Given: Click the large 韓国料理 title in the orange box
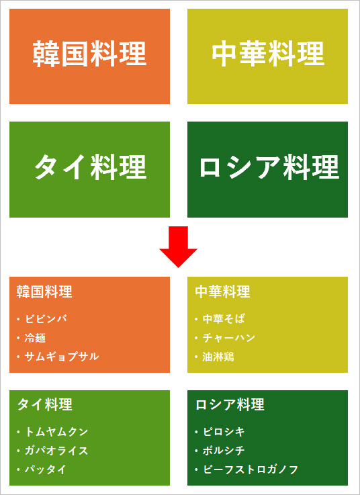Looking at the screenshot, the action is (90, 54).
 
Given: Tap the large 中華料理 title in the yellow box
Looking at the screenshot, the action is (268, 54).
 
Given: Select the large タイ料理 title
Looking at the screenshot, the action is (90, 167).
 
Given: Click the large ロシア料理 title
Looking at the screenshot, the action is (269, 167).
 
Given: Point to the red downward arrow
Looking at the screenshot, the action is (179, 247).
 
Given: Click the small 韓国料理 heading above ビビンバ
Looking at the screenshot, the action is (44, 291).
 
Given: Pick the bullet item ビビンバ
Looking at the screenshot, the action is (46, 319).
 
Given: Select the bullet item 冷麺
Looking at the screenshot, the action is (36, 338).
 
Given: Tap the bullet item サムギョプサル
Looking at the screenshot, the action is (62, 357).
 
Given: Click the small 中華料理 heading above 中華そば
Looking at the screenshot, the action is (222, 291).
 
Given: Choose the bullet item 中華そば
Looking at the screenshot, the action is (224, 319).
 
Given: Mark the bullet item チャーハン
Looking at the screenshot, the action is (229, 338).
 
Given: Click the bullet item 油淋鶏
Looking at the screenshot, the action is (218, 357).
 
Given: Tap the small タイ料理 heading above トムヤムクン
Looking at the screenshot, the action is (45, 404).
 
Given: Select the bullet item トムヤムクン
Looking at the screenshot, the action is (56, 432).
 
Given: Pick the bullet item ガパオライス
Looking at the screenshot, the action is (56, 451).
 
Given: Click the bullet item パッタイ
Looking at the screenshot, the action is (46, 469).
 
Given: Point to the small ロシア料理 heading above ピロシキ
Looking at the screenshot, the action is (230, 404).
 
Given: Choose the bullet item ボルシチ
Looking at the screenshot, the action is (224, 451).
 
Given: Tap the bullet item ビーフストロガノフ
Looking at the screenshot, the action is (251, 469).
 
